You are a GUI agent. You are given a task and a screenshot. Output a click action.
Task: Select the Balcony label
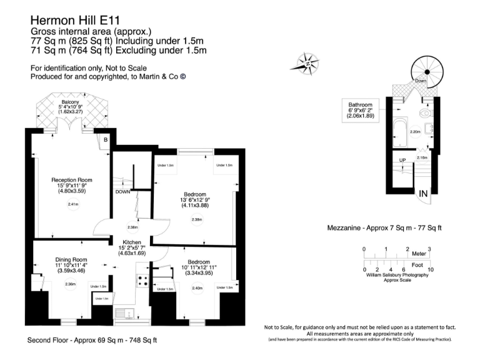(70, 102)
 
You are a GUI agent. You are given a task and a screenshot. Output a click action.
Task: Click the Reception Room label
(71, 180)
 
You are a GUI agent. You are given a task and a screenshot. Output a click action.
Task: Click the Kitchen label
(132, 242)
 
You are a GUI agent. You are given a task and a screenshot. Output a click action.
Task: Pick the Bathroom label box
(360, 110)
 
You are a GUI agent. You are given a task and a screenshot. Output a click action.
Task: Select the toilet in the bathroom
(427, 115)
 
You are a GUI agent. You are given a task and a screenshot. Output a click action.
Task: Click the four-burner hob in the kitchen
(142, 282)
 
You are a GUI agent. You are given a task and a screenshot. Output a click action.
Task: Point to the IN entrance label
(424, 194)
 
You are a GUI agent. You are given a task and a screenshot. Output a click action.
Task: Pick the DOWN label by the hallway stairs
(122, 192)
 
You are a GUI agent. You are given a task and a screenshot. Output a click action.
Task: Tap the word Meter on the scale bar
(419, 254)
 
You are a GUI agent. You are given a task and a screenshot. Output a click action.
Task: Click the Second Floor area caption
(92, 341)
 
